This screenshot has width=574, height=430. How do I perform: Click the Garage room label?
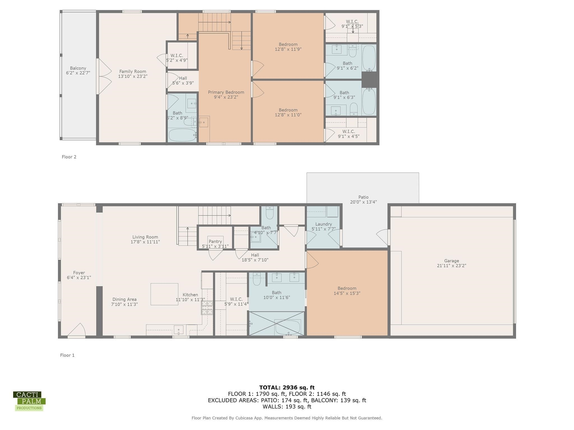click(451, 263)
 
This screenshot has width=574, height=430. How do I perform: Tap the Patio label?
click(363, 199)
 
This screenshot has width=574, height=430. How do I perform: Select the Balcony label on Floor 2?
click(78, 71)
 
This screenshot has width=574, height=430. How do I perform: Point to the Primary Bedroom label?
click(226, 95)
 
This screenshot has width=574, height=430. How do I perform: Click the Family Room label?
click(133, 74)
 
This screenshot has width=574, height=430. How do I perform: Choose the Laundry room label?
click(323, 226)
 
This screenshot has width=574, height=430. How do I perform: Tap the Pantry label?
click(215, 244)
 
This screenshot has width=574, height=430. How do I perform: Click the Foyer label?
click(79, 275)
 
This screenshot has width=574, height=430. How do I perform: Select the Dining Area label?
click(124, 302)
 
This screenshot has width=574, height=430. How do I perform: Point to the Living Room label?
click(145, 239)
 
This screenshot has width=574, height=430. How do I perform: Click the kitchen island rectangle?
click(164, 294)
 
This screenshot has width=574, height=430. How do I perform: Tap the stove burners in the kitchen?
click(207, 308)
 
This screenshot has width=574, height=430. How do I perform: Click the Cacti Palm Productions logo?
click(29, 401)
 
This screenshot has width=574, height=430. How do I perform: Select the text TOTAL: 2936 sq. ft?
click(287, 388)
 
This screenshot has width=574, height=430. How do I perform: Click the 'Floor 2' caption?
click(69, 157)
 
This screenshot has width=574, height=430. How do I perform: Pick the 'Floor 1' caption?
click(67, 355)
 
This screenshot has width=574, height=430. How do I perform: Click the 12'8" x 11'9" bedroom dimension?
click(288, 49)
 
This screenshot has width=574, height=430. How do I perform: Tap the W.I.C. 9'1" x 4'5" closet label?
click(349, 134)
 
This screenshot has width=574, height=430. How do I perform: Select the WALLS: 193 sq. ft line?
click(287, 407)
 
